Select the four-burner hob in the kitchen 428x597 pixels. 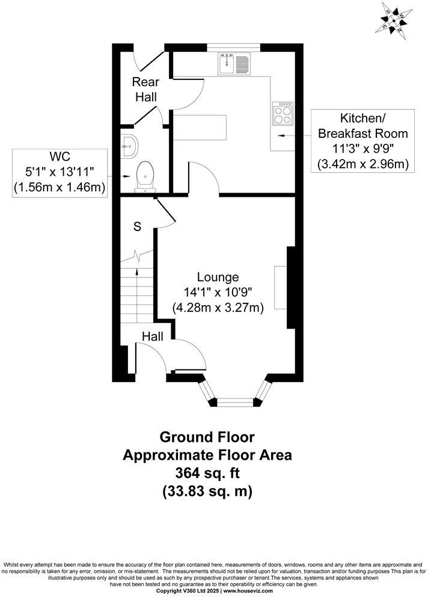click(284, 113)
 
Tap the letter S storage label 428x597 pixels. click(137, 227)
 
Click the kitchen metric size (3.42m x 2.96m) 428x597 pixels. click(363, 164)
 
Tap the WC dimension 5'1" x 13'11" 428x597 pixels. click(60, 172)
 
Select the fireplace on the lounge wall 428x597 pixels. click(281, 287)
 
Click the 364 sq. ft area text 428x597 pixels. click(207, 473)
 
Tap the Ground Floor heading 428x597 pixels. click(207, 437)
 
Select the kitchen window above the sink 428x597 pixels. click(234, 46)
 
